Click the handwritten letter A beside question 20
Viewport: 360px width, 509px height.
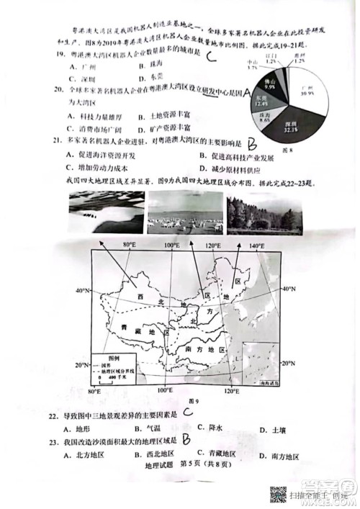[248, 94]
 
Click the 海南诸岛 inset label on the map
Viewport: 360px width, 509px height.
[265, 387]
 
